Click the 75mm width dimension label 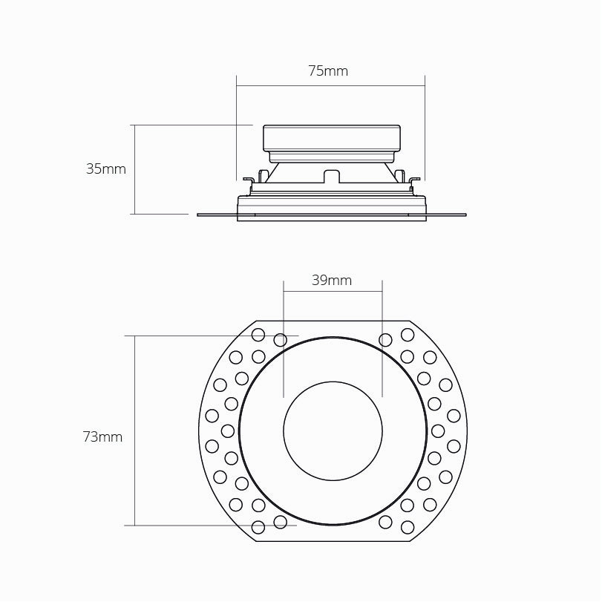pyautogui.click(x=328, y=71)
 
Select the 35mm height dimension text pyautogui.click(x=106, y=169)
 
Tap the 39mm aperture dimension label pyautogui.click(x=332, y=281)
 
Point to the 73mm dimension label pyautogui.click(x=102, y=437)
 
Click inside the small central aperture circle pyautogui.click(x=333, y=431)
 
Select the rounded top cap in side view pyautogui.click(x=332, y=137)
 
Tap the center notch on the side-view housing pyautogui.click(x=332, y=176)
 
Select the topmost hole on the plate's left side pyautogui.click(x=258, y=334)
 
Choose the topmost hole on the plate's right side pyautogui.click(x=408, y=334)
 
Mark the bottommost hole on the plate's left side pyautogui.click(x=258, y=527)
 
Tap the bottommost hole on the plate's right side pyautogui.click(x=408, y=527)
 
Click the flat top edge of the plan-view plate pyautogui.click(x=333, y=321)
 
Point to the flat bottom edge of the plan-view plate pyautogui.click(x=333, y=541)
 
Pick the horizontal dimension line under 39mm pyautogui.click(x=333, y=292)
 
